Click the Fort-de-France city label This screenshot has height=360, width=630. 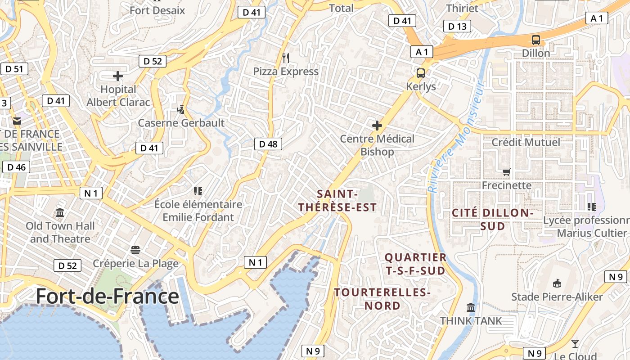(x=107, y=296)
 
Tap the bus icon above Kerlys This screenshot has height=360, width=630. (x=421, y=73)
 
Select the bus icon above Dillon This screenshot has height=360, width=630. (x=535, y=40)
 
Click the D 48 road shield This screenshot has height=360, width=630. (x=268, y=144)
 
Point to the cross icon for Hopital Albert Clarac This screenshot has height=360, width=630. (x=118, y=76)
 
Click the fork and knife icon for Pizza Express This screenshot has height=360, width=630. (x=285, y=58)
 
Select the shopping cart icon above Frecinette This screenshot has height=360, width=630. (x=506, y=172)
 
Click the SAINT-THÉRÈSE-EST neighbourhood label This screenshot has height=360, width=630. (x=337, y=201)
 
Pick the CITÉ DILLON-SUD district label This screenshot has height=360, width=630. (x=492, y=219)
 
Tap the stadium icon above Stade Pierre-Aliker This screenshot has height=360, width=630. (x=557, y=283)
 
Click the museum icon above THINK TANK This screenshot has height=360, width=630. (x=471, y=307)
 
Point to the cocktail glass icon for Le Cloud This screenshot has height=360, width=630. (x=575, y=344)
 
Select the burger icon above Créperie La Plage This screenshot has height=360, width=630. (x=135, y=250)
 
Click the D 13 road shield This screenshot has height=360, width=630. (x=457, y=27)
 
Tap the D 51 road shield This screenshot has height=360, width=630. (x=14, y=69)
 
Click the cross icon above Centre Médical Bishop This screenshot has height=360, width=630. (x=377, y=126)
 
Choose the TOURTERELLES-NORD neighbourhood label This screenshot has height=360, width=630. (x=382, y=299)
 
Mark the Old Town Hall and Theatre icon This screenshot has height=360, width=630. (x=60, y=212)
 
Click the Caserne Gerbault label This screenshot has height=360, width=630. (x=181, y=123)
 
